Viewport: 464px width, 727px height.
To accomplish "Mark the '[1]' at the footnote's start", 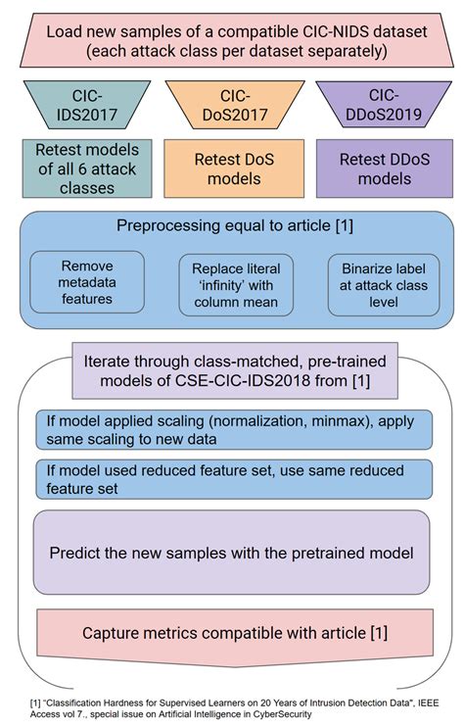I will [35, 702].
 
